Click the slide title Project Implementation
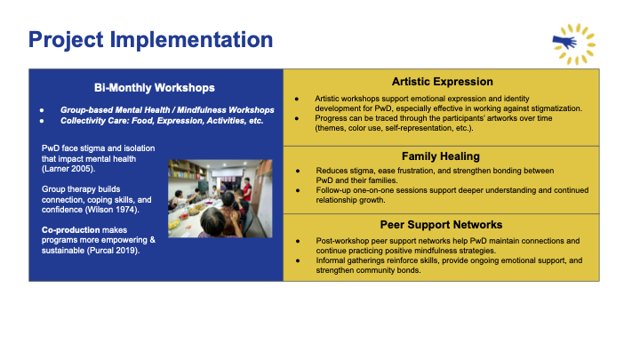tap(150, 40)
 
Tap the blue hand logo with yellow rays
tap(574, 44)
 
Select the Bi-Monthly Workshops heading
tap(155, 88)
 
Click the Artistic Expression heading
tap(442, 82)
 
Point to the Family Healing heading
tap(441, 156)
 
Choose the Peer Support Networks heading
tap(441, 225)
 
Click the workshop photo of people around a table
tap(220, 198)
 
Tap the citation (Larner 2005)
tap(68, 169)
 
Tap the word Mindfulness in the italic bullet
tap(200, 110)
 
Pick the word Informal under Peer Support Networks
tap(330, 260)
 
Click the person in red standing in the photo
tap(246, 191)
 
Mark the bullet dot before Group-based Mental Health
tap(42, 110)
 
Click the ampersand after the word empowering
tap(152, 240)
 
